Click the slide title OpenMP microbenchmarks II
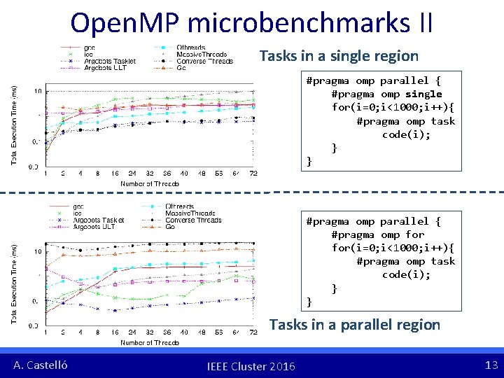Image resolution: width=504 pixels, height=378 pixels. tap(251, 22)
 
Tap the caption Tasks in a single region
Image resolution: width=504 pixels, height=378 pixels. tap(339, 56)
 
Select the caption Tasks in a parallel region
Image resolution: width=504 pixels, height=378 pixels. tap(354, 325)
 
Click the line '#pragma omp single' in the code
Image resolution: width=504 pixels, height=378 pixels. tap(386, 94)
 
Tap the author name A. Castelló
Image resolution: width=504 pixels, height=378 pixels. tap(41, 365)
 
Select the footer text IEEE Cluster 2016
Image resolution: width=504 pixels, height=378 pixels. tap(251, 366)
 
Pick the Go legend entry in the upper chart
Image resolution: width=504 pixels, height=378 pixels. tap(181, 68)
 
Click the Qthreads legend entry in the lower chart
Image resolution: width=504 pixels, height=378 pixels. tap(180, 206)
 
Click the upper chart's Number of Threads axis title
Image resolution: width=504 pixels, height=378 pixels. tap(149, 184)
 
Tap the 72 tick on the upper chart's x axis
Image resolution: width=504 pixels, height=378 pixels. tap(253, 174)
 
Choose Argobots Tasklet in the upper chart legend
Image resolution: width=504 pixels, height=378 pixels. tap(108, 62)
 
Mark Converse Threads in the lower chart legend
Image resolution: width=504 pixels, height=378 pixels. tap(193, 220)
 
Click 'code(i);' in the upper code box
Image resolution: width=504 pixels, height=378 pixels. tap(406, 134)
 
